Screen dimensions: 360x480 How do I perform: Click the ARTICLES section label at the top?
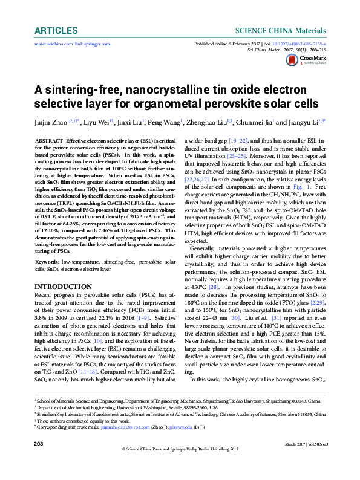pyautogui.click(x=56, y=30)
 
